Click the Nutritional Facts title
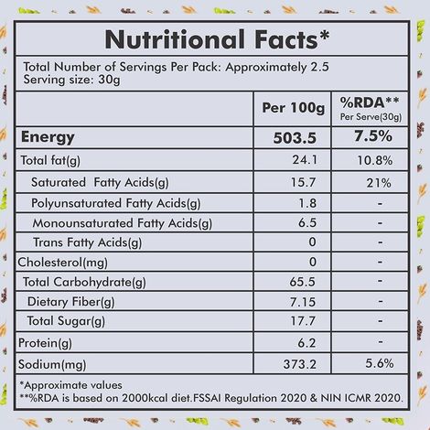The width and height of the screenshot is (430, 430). [215, 39]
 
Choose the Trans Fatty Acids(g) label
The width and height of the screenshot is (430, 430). [88, 242]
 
